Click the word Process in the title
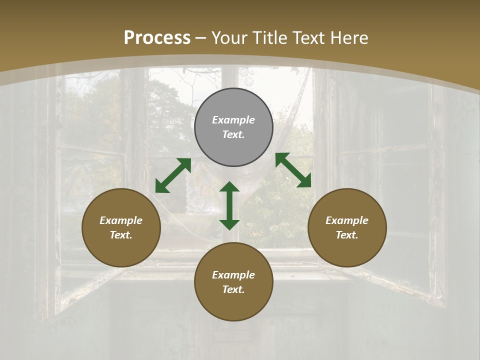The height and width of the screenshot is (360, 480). pyautogui.click(x=157, y=38)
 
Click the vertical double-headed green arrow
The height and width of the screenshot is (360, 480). pyautogui.click(x=229, y=205)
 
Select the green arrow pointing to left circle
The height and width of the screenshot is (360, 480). pyautogui.click(x=173, y=175)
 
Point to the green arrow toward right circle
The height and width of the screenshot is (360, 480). pyautogui.click(x=293, y=170)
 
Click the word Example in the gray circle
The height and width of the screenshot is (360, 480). pyautogui.click(x=233, y=120)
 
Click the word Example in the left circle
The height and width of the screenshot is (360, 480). pyautogui.click(x=121, y=220)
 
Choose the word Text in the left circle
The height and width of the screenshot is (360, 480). pyautogui.click(x=121, y=235)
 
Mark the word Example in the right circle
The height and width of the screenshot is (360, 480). pyautogui.click(x=347, y=220)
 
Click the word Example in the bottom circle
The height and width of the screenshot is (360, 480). pyautogui.click(x=233, y=275)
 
